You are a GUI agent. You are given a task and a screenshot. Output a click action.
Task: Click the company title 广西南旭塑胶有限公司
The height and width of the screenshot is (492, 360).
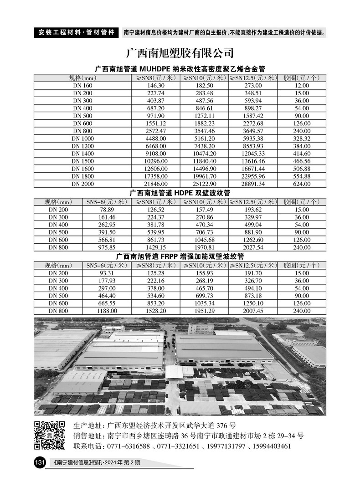click(x=180, y=53)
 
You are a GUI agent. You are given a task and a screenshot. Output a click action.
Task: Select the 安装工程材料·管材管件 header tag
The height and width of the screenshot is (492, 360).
click(x=76, y=33)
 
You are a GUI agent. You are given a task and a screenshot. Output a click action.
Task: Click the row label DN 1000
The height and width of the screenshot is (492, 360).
click(x=82, y=138)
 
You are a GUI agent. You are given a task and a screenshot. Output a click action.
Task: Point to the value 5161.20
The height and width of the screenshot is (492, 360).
click(x=204, y=138)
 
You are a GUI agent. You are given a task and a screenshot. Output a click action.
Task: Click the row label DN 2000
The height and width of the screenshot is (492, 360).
click(x=82, y=184)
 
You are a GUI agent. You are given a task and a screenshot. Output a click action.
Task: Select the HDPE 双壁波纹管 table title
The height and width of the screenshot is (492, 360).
click(x=180, y=193)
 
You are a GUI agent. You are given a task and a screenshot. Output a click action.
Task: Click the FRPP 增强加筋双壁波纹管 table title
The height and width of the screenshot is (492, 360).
click(x=180, y=257)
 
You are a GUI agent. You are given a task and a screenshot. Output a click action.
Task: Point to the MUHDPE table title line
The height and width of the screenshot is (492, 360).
click(x=180, y=69)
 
